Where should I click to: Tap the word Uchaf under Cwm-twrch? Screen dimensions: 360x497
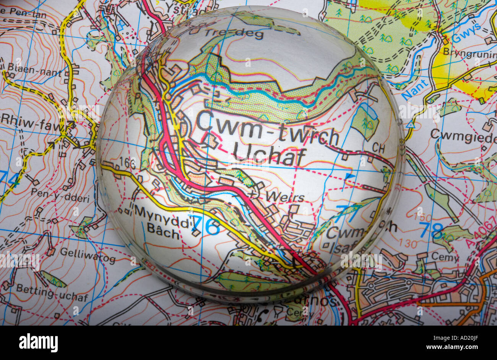[269, 154]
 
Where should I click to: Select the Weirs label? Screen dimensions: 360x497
[285, 197]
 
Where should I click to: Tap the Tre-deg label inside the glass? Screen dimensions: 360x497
[234, 34]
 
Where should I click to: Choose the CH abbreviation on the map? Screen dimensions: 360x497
[378, 147]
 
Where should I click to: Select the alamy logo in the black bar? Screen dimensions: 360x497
[38, 342]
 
